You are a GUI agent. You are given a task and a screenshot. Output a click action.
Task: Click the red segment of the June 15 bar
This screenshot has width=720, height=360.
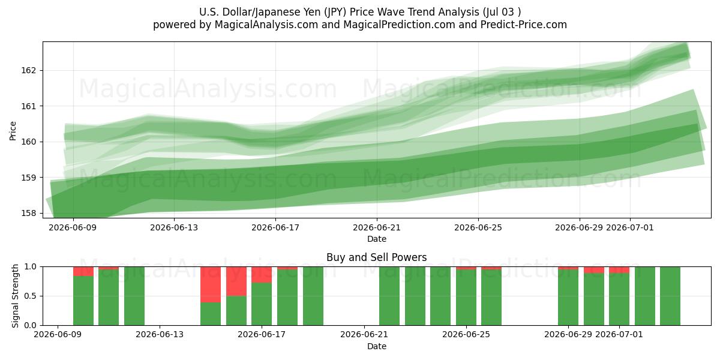211,284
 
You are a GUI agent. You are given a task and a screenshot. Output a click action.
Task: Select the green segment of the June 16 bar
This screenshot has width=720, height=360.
236,311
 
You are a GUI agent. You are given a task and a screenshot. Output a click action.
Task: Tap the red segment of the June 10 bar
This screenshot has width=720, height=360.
83,271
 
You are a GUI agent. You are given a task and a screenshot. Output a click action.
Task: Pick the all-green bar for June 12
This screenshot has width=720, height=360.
134,296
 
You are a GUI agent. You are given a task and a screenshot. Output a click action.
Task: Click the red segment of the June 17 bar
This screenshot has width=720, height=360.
262,275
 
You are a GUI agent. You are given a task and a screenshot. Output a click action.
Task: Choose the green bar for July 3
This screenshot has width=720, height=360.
670,296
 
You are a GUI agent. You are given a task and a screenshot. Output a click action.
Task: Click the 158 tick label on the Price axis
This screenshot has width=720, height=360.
28,213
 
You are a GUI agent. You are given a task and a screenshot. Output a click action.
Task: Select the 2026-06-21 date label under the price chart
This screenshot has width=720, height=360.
377,227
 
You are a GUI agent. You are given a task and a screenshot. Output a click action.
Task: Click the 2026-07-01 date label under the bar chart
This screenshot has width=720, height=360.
619,335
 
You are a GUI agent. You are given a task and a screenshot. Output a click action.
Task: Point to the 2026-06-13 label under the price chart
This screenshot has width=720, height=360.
174,227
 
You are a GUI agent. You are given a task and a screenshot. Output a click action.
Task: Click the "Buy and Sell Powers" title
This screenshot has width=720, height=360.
377,257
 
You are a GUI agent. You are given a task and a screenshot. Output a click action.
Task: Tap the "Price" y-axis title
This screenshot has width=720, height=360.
13,131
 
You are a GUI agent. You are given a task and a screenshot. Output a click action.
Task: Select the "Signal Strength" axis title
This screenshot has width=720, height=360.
15,296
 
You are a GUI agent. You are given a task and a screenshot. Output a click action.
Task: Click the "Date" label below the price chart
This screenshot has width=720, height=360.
377,239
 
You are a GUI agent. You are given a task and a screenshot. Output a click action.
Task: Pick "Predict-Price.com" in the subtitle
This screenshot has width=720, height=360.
524,25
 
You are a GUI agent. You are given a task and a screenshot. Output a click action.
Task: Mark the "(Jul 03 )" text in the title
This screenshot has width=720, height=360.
502,12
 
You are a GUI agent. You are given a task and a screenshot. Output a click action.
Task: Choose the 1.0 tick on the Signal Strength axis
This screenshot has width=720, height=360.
30,267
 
